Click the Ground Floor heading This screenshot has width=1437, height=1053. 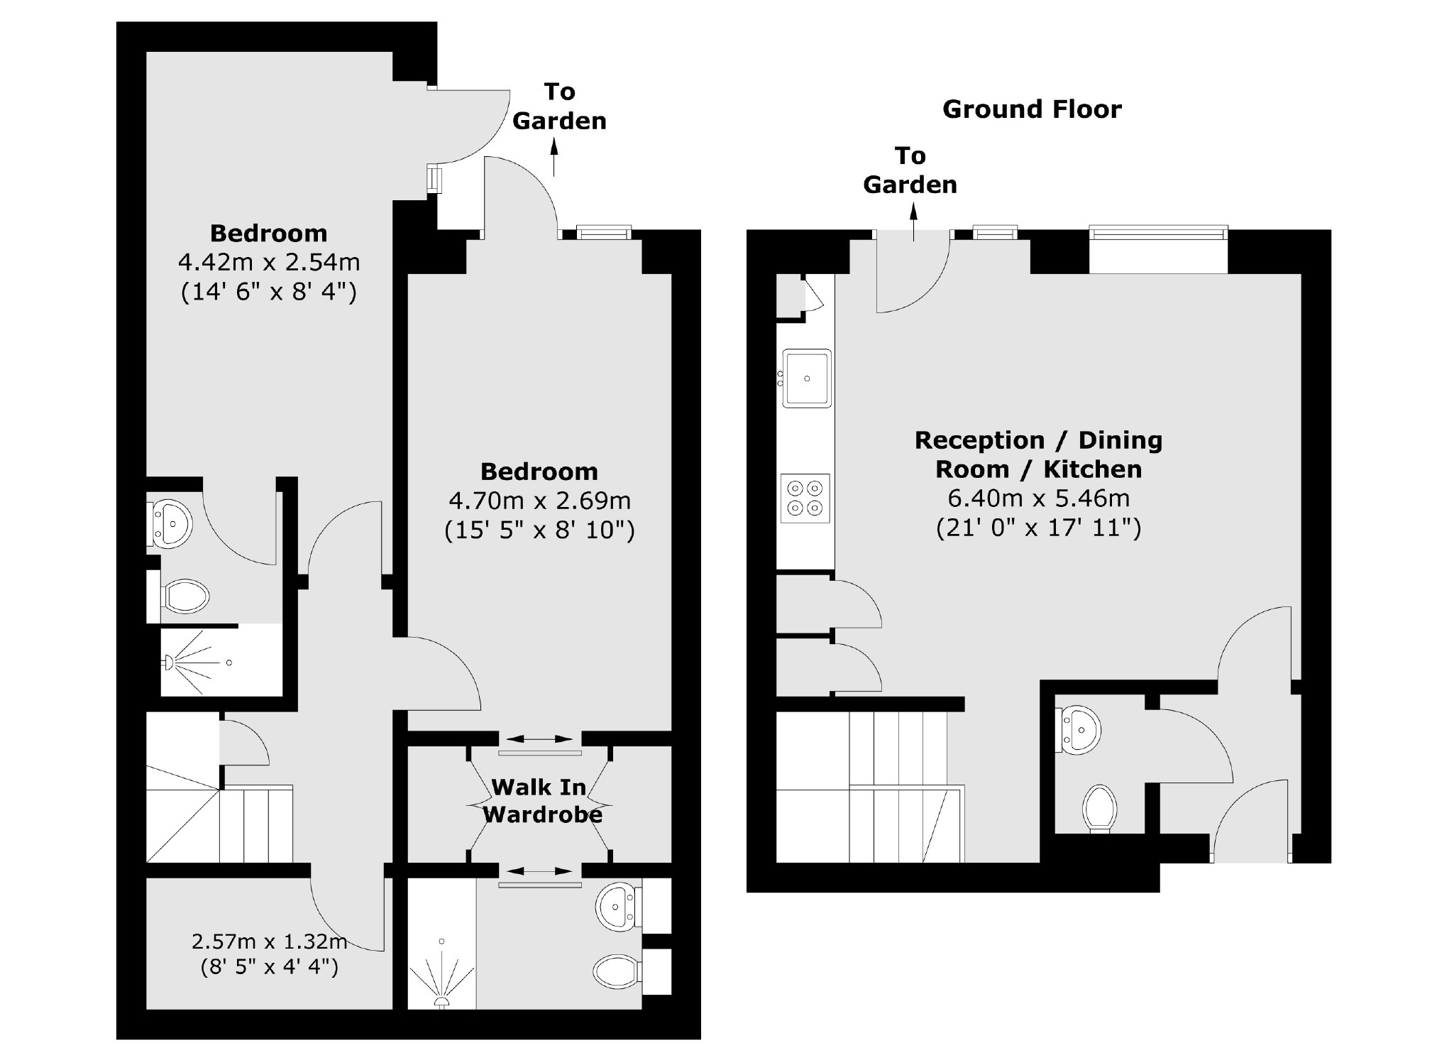pos(1031,109)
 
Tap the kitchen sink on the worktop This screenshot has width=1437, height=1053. pos(806,378)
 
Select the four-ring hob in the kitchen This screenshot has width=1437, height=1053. pos(805,498)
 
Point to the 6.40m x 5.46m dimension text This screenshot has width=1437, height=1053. pos(1038,498)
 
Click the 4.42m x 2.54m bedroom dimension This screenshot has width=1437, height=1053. pos(268,263)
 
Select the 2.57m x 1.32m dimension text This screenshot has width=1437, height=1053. pos(268,942)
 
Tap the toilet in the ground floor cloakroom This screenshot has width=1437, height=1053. pos(1099,808)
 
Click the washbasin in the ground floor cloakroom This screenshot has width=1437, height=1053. pos(1080,729)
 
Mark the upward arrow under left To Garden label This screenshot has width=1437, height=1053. pos(554,156)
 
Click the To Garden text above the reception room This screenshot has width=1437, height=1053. pos(910,170)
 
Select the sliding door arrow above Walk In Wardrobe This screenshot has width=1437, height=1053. pos(539,739)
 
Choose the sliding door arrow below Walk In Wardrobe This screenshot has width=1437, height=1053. pos(539,871)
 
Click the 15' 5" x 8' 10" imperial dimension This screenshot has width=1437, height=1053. pos(539,530)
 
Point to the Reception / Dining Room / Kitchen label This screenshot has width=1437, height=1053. pos(1038,454)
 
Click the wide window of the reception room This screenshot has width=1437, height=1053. pos(1158,231)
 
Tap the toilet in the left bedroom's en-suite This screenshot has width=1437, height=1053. pos(186,596)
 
